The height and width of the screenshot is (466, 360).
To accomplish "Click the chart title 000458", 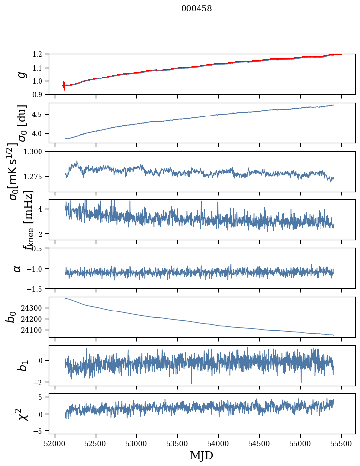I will [x=196, y=9].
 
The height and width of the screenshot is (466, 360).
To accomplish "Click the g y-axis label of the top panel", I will [x=21, y=74].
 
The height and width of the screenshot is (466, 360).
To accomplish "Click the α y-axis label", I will [x=18, y=268].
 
